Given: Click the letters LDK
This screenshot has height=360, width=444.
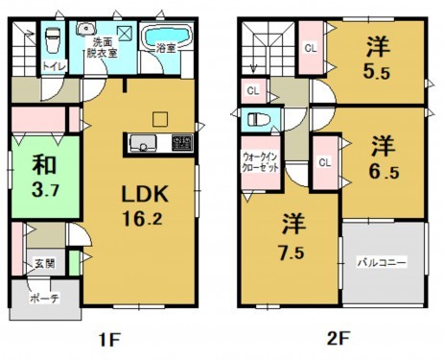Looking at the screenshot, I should point(144,194).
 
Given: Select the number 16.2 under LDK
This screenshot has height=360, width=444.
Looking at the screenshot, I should point(144,219).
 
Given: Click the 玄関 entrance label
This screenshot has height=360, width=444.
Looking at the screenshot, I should point(45,262).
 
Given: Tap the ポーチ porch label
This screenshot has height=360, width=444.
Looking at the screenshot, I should point(45,299).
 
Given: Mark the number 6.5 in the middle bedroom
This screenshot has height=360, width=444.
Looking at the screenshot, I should point(386,173).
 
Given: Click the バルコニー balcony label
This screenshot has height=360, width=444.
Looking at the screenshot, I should point(383,261).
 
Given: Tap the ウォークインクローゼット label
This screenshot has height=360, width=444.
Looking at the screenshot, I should point(258,159).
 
